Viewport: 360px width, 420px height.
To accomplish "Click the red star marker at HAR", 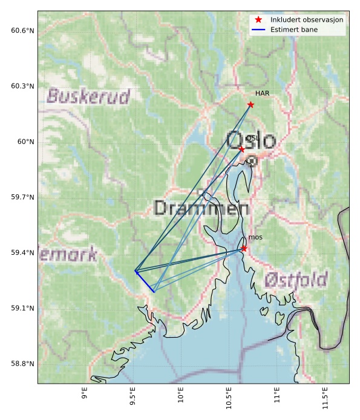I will (x=250, y=105).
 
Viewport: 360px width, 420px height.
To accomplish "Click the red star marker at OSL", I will (x=241, y=149).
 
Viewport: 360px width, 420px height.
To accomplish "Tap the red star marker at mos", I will (x=244, y=248).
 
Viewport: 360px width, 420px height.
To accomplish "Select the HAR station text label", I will (x=262, y=94).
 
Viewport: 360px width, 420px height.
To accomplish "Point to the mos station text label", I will (x=255, y=237).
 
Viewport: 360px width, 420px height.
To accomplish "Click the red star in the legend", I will (x=259, y=19).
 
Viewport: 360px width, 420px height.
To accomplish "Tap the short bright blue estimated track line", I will (x=145, y=282).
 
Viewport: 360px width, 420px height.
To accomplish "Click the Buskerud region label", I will (x=88, y=96).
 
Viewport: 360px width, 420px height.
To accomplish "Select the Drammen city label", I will (x=201, y=209).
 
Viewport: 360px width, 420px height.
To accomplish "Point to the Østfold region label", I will (x=296, y=280).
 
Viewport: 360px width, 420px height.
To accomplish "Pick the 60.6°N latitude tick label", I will (x=23, y=30).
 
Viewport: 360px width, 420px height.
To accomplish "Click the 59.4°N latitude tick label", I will (x=23, y=252).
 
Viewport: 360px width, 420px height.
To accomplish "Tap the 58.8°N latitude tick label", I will (x=23, y=364).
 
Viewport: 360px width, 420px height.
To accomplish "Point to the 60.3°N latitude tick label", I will (x=23, y=86).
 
